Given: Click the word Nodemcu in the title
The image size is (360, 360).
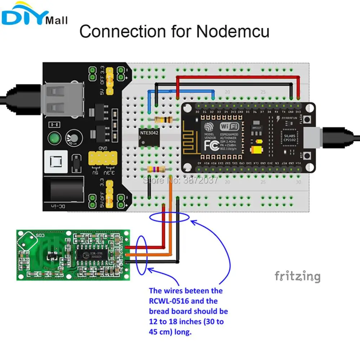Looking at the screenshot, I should [233, 31].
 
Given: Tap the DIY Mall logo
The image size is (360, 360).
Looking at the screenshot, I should [34, 16].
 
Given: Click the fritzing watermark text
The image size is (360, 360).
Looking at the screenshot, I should [297, 276].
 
